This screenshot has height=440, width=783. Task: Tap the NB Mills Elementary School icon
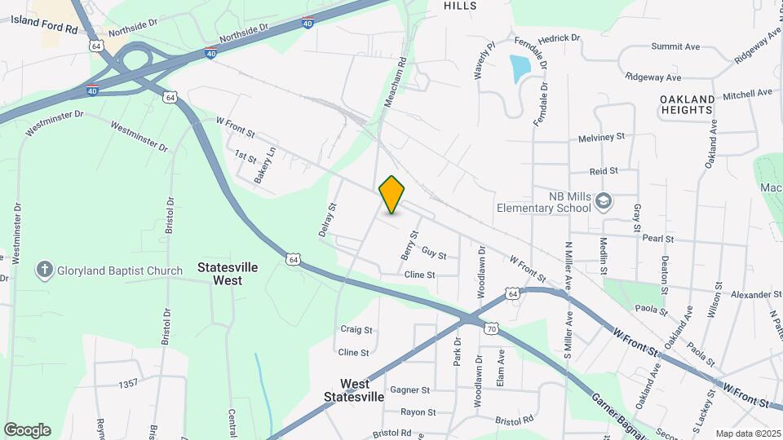pos(604,201)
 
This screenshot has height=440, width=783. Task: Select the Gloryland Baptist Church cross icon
pos(44,270)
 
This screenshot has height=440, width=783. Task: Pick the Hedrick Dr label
pos(559,37)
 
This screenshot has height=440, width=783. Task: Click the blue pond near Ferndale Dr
pos(519,68)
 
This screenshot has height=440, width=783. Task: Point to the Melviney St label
pos(601,137)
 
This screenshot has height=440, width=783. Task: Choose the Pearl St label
pos(657,239)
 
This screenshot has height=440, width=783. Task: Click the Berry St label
pos(409,245)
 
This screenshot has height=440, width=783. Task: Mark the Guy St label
pos(434,255)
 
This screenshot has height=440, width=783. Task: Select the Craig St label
pos(356,330)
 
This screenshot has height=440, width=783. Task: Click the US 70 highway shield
pos(491,328)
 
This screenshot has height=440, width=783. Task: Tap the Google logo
pos(28,430)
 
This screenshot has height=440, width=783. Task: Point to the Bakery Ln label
pos(266,163)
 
